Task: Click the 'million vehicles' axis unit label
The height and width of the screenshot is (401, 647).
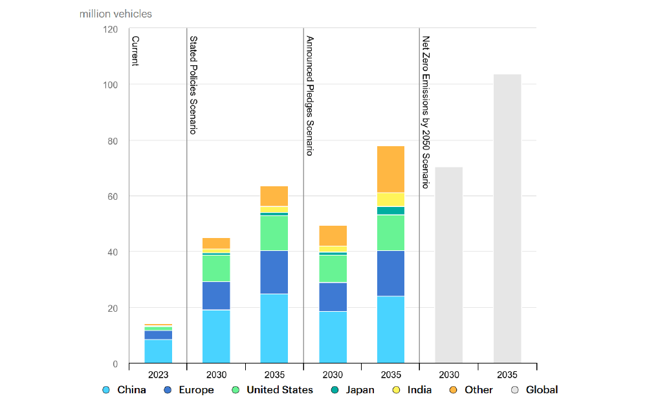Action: pos(116,14)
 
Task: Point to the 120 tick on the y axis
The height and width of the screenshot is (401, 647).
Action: pos(111,29)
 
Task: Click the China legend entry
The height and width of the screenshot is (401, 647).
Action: pos(124,390)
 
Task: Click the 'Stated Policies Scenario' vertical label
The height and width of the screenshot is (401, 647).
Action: pos(193,85)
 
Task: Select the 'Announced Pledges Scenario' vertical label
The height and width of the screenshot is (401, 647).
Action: pos(309,95)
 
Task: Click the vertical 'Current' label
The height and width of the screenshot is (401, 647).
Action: pos(135,51)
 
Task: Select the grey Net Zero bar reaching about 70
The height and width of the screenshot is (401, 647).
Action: pos(448,265)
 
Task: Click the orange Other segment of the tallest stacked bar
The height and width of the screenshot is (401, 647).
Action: pos(391,169)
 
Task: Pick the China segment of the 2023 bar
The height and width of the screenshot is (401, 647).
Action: pos(158,351)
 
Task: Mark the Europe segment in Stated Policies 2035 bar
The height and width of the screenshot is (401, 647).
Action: pos(274,272)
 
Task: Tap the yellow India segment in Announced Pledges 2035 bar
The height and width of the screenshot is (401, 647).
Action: pos(391,199)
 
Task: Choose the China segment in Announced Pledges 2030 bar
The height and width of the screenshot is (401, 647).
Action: pos(333,337)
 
